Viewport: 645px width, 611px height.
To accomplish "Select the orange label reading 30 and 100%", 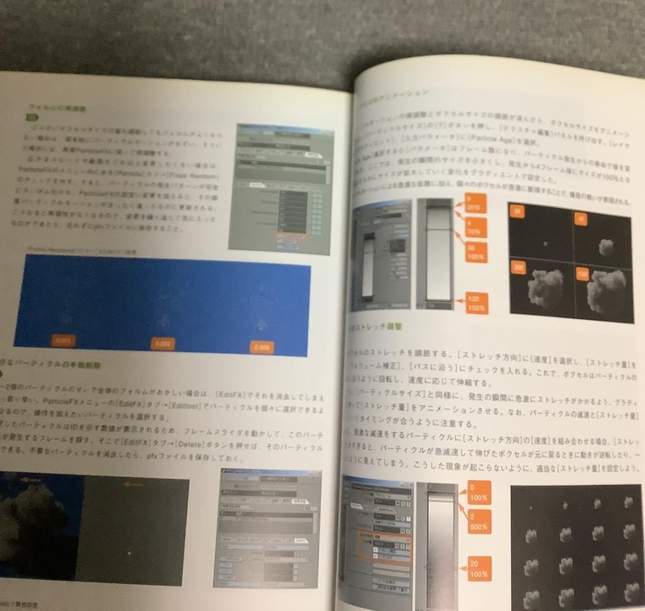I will [474, 253].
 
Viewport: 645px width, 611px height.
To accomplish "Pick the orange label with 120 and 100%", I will [475, 303].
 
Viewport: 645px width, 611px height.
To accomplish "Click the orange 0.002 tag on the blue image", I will [162, 343].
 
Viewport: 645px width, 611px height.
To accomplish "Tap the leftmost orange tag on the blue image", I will [63, 341].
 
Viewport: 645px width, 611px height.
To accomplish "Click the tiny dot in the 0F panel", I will [545, 243].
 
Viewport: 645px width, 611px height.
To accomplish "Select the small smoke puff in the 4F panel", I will [605, 245].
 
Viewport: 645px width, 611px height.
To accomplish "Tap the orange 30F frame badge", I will [518, 269].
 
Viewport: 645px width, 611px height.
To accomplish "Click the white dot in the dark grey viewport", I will [130, 553].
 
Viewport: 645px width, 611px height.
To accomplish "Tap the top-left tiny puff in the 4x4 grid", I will [530, 508].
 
